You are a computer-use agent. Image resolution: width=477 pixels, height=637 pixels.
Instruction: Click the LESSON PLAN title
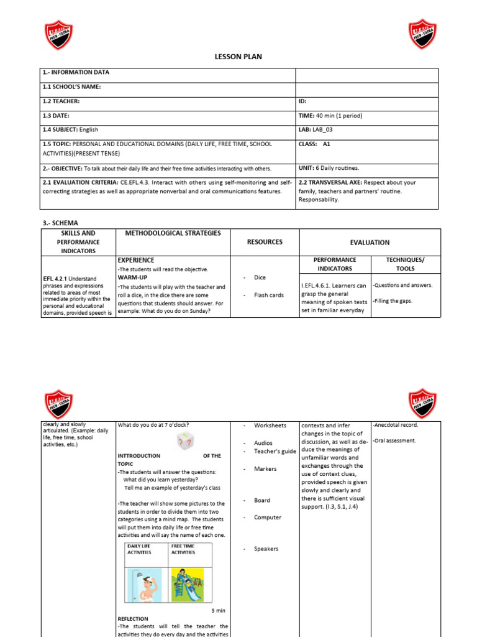pos(238,57)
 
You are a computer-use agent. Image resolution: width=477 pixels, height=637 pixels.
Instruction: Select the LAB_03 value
pos(333,129)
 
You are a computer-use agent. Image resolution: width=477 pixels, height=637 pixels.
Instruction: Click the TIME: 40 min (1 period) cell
pos(330,116)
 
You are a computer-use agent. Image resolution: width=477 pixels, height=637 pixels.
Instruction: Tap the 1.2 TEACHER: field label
pos(61,101)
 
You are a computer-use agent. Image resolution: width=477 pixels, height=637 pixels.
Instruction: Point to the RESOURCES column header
pos(265,242)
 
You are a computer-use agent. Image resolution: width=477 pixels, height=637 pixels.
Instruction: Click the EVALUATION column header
pos(370,243)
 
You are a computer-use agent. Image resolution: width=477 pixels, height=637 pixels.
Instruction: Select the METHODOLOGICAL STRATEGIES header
pos(173,233)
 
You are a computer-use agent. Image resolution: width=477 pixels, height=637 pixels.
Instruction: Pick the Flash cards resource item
pos(268,295)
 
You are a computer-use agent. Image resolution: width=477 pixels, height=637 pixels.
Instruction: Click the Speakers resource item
pos(266,549)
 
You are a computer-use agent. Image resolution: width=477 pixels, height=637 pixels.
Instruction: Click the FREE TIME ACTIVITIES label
pos(183,549)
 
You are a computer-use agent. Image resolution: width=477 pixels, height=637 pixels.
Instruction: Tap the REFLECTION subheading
pos(133,619)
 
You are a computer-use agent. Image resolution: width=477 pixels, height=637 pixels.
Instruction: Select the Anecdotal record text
pos(396,425)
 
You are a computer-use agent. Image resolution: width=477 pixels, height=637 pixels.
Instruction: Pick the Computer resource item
pos(267,518)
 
